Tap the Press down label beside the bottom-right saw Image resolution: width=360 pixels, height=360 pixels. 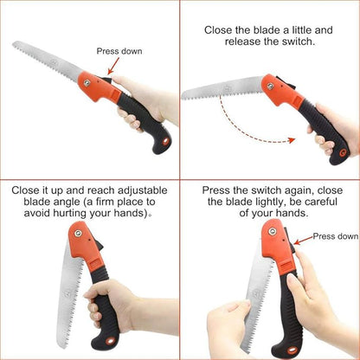335,236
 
